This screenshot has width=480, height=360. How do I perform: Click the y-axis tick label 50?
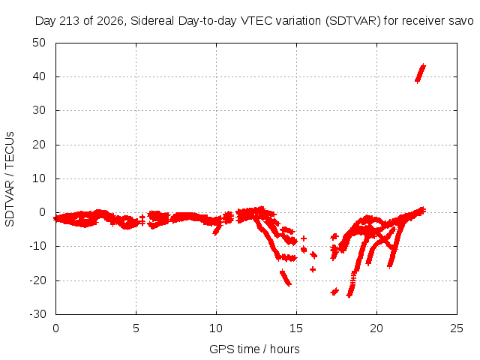pos(39,43)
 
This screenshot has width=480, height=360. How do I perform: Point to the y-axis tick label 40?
pos(39,76)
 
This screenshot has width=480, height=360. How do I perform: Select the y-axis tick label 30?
pos(39,110)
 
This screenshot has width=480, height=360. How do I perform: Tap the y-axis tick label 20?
pos(39,145)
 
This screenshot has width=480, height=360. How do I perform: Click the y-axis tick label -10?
pos(37,246)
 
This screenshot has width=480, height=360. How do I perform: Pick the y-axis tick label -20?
pos(37,280)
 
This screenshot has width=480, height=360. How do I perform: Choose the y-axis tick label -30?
pos(37,313)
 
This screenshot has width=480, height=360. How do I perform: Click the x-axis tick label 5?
pos(136,328)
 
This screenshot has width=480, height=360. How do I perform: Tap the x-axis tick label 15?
pos(296,328)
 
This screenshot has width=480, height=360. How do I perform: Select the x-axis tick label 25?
pos(457,328)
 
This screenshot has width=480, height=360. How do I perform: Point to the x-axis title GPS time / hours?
pos(254,349)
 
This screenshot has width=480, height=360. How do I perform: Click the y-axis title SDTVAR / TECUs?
pos(10,179)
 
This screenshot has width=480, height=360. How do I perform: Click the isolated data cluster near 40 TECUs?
pos(420,73)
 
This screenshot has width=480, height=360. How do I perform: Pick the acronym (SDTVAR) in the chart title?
pos(352,21)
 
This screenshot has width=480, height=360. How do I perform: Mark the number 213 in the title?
pos(70,21)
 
